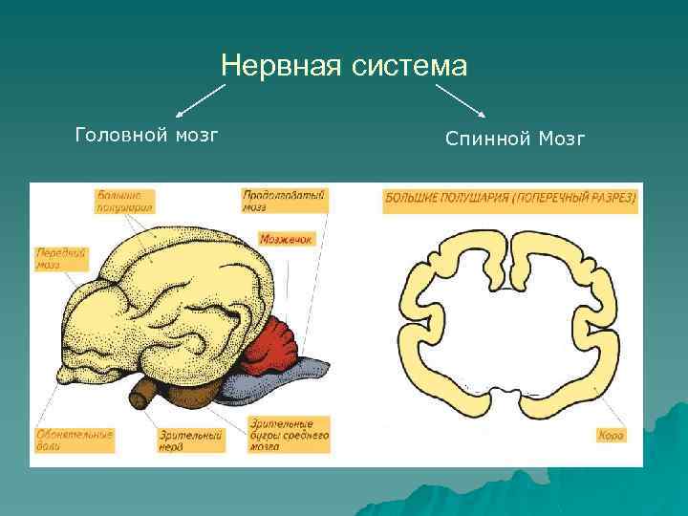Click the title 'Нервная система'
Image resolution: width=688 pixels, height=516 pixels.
[x=344, y=66]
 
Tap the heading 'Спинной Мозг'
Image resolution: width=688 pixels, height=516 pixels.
[x=515, y=140]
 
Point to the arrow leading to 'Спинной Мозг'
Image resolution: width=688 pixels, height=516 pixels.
[x=461, y=101]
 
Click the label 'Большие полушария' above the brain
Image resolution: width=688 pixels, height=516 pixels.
[x=125, y=201]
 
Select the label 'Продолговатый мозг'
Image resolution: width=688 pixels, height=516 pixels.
[x=285, y=200]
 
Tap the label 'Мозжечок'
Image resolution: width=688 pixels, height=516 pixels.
[x=287, y=239]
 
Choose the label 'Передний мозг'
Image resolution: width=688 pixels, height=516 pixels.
[x=62, y=258]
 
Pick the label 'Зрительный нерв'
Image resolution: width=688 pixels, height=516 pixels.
[x=192, y=440]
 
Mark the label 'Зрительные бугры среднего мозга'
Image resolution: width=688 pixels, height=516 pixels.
[x=289, y=434]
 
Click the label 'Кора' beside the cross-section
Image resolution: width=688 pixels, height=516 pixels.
[x=611, y=436]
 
